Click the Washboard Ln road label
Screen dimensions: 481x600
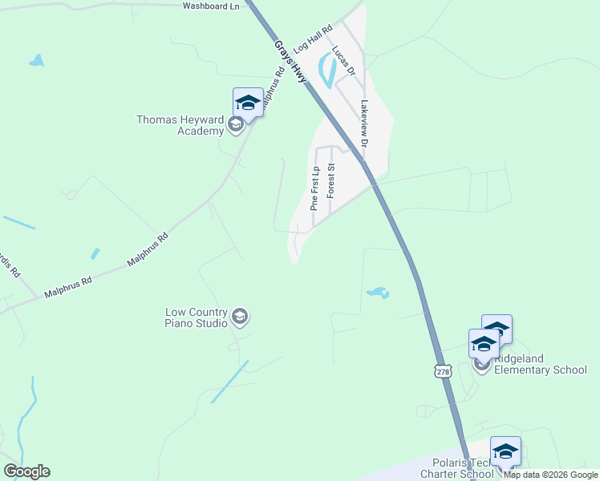(212, 6)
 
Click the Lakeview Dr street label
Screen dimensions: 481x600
(363, 123)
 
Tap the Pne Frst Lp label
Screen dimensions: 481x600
(316, 188)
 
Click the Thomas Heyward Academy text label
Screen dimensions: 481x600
(180, 125)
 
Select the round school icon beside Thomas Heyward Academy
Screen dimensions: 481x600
(236, 124)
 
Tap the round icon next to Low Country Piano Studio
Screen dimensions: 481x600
(239, 318)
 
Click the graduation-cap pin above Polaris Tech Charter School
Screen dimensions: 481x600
(505, 451)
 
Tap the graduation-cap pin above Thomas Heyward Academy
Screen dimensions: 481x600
(248, 103)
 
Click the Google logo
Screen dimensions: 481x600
(26, 471)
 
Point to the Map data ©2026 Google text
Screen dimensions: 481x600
(550, 475)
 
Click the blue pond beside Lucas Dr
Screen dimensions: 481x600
(326, 71)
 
